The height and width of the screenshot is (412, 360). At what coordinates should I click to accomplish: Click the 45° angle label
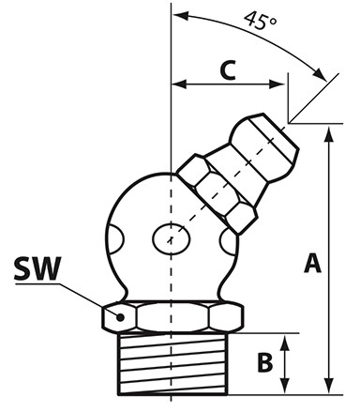(261, 21)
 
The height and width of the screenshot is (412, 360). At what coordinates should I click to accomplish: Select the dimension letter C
(228, 69)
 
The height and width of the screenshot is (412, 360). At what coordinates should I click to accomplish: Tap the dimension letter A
(312, 264)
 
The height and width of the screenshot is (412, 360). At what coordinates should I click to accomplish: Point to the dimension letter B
(265, 363)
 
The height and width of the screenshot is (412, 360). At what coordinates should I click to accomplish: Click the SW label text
(37, 268)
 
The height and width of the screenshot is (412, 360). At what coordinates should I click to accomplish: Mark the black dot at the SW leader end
(120, 317)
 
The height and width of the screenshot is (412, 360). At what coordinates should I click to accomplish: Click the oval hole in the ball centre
(172, 239)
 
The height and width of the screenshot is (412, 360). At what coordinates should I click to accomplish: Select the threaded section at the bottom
(172, 364)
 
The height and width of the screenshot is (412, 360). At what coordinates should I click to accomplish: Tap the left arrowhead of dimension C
(179, 84)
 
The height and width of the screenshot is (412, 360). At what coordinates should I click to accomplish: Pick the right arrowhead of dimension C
(277, 84)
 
